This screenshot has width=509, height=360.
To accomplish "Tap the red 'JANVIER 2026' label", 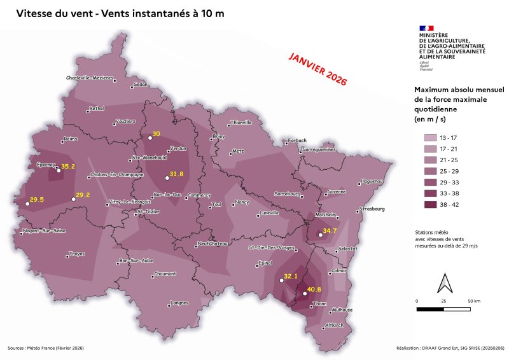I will tap(317, 69).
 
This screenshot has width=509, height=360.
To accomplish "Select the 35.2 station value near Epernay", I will tap(68, 167).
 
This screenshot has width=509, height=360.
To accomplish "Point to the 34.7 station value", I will tap(330, 231).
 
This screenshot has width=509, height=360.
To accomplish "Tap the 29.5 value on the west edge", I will tap(37, 200).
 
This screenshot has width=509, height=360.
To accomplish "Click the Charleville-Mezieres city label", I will tap(90, 78).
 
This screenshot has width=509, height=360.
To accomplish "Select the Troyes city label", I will tap(76, 253).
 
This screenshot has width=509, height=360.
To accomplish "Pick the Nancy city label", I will tap(242, 202).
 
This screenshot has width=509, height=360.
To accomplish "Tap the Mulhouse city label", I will tap(342, 309).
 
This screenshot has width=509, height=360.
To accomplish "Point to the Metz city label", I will tap(238, 151).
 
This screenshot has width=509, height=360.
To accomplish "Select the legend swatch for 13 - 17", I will tap(431, 137).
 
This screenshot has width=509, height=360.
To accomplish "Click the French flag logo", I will tap(426, 27).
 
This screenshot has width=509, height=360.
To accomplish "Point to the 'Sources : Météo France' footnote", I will tap(46, 348).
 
